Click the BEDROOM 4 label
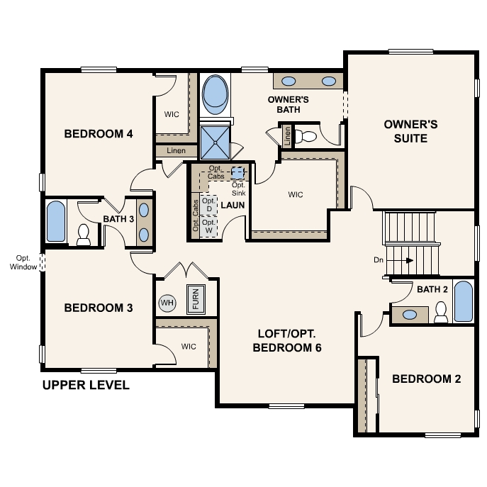click(x=99, y=133)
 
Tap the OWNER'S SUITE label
click(x=410, y=131)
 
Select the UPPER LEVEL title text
click(x=86, y=386)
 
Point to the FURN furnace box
click(x=196, y=299)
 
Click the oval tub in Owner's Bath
click(x=213, y=95)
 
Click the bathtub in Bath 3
click(x=56, y=222)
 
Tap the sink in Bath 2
click(x=409, y=314)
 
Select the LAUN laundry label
click(x=233, y=205)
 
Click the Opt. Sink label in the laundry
click(x=238, y=189)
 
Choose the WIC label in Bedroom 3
click(x=188, y=347)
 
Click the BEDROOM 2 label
click(x=426, y=379)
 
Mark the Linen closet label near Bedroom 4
click(x=176, y=151)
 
